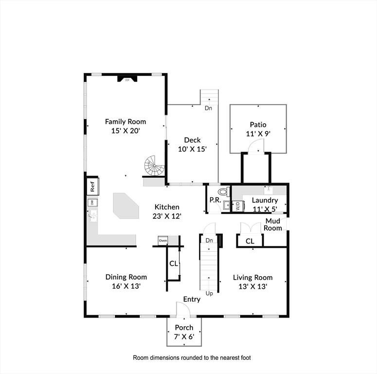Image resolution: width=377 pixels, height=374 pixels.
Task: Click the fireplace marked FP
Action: point(127,79)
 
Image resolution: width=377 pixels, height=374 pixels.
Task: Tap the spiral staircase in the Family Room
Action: point(154,166)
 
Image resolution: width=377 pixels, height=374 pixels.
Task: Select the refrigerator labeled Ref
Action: point(93,187)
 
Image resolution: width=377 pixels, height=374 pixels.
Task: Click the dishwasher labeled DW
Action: point(92,203)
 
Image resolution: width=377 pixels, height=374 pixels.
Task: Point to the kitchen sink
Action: point(93,216)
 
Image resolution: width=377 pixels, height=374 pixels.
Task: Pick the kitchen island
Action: point(126,206)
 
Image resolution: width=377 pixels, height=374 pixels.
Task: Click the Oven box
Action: point(163,241)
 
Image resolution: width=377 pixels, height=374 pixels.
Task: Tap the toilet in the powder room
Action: point(224,192)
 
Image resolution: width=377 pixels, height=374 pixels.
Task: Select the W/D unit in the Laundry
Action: point(238,206)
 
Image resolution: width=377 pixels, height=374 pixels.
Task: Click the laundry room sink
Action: point(268,190)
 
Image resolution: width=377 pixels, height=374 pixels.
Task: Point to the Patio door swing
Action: point(256,146)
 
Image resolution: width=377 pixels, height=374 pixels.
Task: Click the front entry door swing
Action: point(183,310)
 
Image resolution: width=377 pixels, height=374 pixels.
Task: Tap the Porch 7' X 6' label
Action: point(184,332)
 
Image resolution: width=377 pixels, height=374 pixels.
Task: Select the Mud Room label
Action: point(272,224)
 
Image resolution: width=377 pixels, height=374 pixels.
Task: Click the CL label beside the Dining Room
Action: point(174,263)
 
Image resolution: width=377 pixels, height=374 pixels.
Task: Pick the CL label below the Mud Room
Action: point(250,241)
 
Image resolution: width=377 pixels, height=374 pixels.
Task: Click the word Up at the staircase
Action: point(209,294)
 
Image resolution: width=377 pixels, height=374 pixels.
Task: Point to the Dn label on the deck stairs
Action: point(209,108)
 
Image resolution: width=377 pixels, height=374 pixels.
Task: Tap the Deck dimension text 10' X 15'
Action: point(192,149)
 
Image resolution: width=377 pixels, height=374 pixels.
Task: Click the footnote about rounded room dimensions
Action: point(192,357)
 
